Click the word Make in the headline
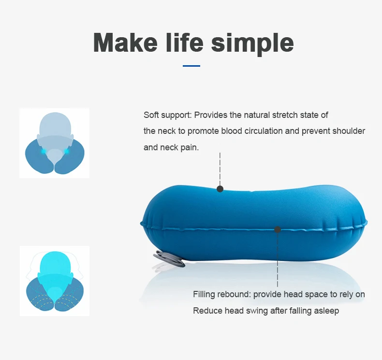(x=125, y=43)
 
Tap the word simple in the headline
(x=252, y=43)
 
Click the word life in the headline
(x=185, y=42)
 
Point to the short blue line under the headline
(x=191, y=66)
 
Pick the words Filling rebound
(x=221, y=294)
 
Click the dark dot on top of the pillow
(x=220, y=189)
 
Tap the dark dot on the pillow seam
(x=278, y=230)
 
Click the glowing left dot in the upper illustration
(x=44, y=151)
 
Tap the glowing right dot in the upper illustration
(x=67, y=151)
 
